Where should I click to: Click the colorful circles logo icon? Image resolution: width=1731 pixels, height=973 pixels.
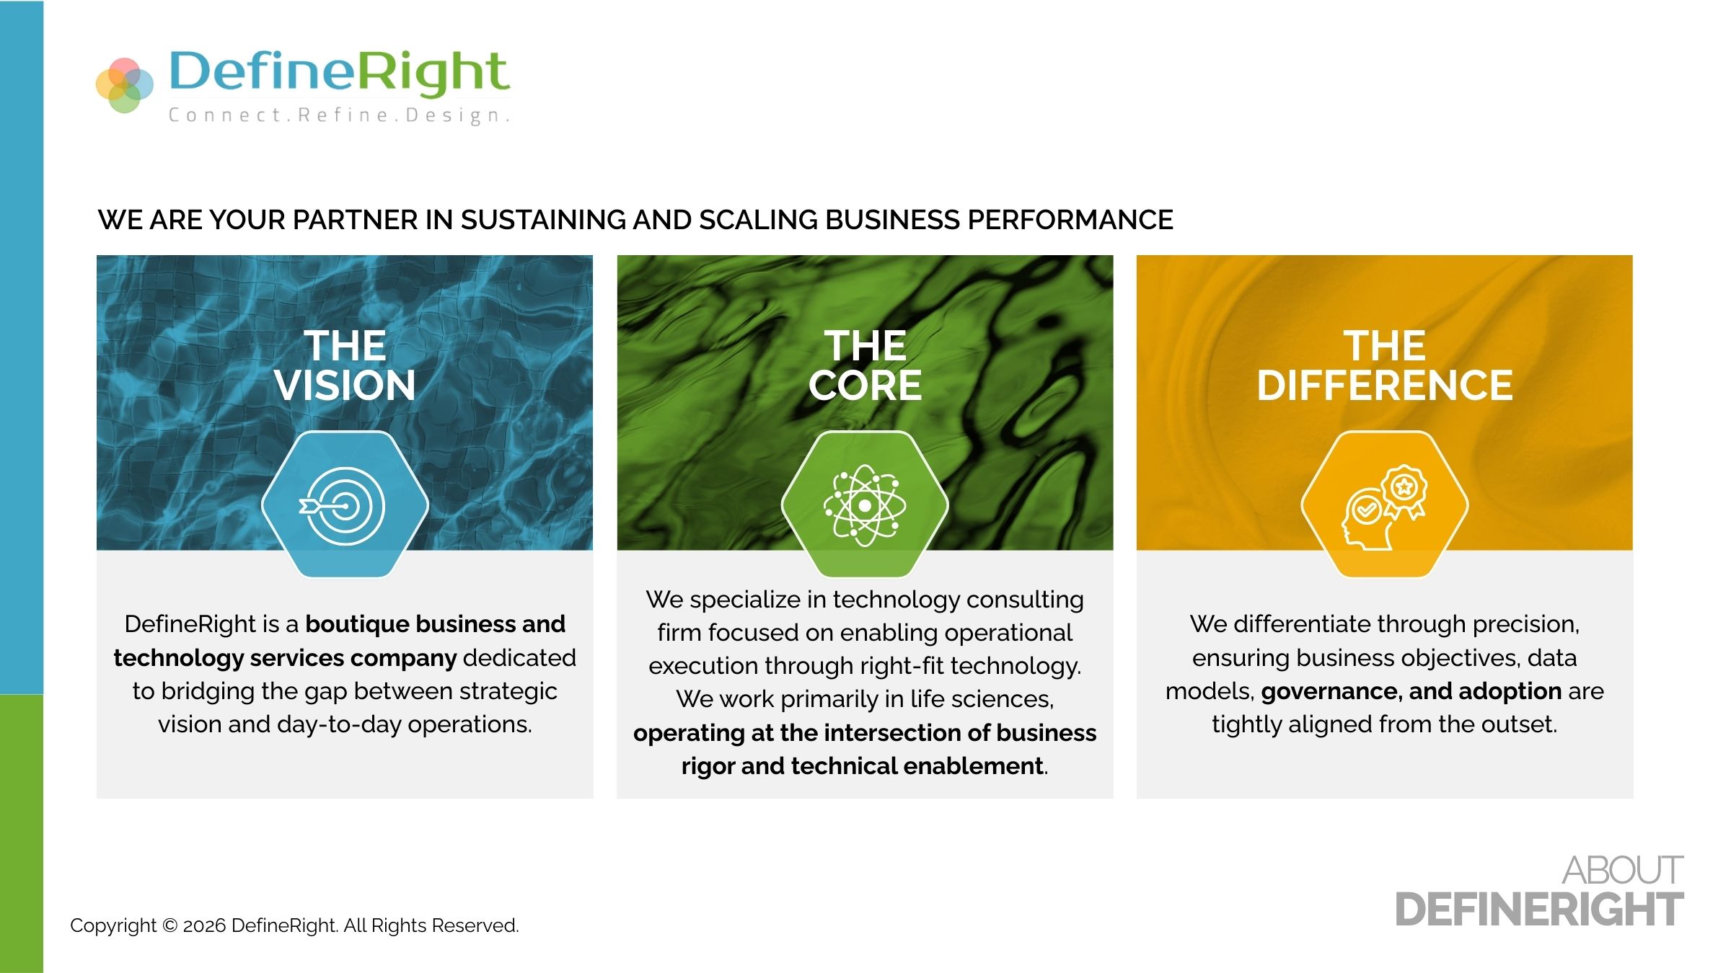tap(125, 85)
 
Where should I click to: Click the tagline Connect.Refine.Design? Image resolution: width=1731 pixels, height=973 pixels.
tap(340, 115)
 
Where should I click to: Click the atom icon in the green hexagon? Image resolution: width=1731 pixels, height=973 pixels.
tap(865, 505)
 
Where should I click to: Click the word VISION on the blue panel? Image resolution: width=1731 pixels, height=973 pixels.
tap(345, 386)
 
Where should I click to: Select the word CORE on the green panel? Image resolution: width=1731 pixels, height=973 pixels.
tap(865, 386)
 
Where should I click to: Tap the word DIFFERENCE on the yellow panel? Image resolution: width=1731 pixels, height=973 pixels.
tap(1385, 386)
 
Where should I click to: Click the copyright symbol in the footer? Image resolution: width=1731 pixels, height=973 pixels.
tap(170, 925)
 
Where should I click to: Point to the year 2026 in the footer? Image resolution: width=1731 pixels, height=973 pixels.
tap(204, 925)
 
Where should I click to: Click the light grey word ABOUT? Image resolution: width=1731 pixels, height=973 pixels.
tap(1623, 871)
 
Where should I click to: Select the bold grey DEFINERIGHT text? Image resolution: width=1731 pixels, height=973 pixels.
tap(1540, 910)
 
